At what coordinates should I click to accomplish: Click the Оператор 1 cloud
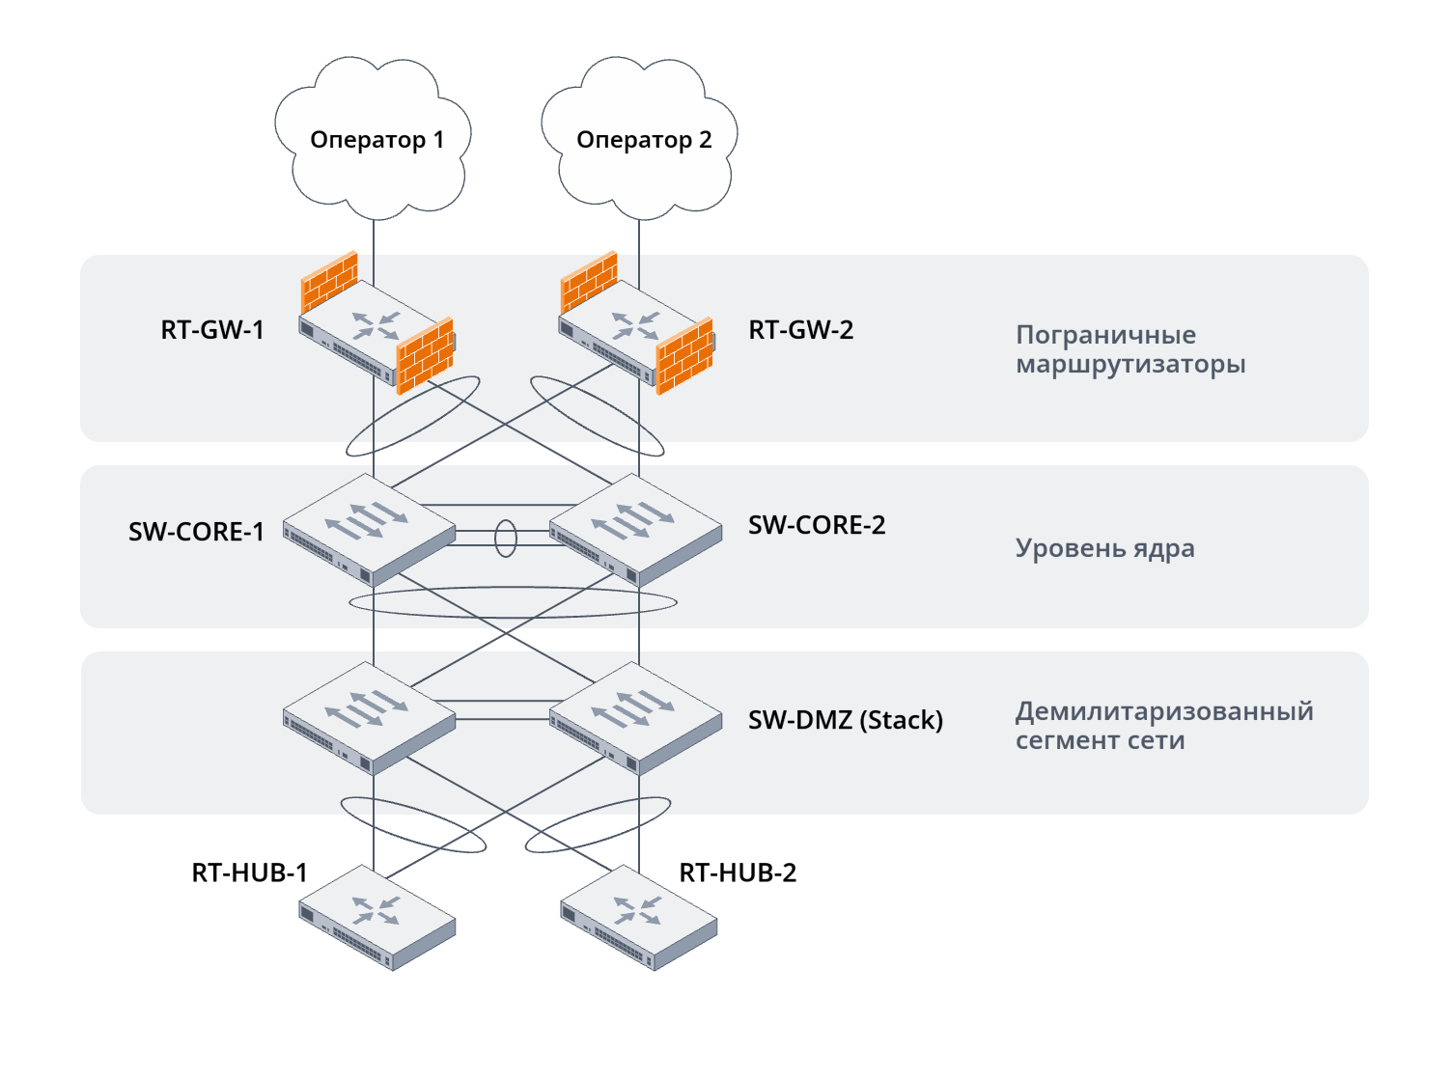click(x=374, y=140)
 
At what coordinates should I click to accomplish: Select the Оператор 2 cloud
click(x=640, y=140)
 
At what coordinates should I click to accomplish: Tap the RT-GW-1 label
click(x=212, y=330)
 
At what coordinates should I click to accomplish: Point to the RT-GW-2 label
click(x=801, y=330)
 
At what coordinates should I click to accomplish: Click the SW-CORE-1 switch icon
click(x=368, y=529)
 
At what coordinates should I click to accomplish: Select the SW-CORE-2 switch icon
click(x=635, y=529)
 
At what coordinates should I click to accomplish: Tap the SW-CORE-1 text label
click(x=196, y=532)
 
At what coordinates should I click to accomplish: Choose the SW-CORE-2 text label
click(x=817, y=525)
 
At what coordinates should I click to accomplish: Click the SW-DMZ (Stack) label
click(x=846, y=720)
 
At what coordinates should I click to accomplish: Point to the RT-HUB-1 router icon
click(x=376, y=917)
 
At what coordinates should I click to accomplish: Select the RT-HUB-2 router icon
click(x=638, y=917)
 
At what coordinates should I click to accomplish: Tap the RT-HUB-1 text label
click(x=249, y=872)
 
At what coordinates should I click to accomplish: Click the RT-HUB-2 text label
click(x=738, y=872)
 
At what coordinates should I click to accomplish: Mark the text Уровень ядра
click(x=1104, y=548)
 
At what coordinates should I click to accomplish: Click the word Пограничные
click(x=1105, y=335)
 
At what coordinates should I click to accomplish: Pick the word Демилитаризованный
click(x=1164, y=711)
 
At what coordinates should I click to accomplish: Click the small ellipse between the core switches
click(x=506, y=539)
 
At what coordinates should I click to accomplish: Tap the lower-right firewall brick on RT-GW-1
click(x=425, y=356)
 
